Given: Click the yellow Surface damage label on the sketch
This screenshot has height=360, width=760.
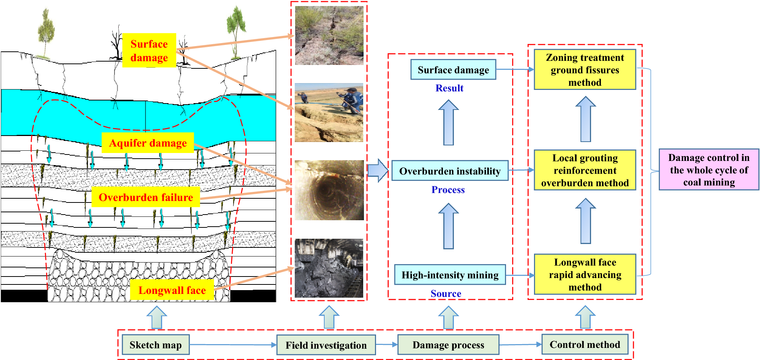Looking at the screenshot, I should pyautogui.click(x=149, y=51).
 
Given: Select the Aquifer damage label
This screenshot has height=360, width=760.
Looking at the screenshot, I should pyautogui.click(x=148, y=143).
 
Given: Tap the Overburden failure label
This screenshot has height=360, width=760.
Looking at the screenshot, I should pyautogui.click(x=145, y=197).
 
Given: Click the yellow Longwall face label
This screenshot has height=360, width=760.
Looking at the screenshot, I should pyautogui.click(x=172, y=290).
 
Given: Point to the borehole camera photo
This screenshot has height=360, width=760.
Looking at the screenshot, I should pyautogui.click(x=329, y=190).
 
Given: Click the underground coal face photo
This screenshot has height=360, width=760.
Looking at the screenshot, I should pyautogui.click(x=329, y=268).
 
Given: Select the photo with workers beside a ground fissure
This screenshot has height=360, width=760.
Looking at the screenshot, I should pyautogui.click(x=329, y=113).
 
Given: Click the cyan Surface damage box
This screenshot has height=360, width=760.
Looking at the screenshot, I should pyautogui.click(x=453, y=70).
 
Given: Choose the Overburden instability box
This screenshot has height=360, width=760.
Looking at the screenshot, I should pyautogui.click(x=450, y=171).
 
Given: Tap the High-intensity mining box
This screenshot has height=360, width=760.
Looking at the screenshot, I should pyautogui.click(x=450, y=275).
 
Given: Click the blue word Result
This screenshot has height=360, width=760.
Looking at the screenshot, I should pyautogui.click(x=449, y=88).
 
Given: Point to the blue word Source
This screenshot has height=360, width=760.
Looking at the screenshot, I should pyautogui.click(x=446, y=294).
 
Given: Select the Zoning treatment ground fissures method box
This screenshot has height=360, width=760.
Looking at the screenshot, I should pyautogui.click(x=585, y=70).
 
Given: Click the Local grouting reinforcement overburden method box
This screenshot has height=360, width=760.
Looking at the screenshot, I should pyautogui.click(x=585, y=170).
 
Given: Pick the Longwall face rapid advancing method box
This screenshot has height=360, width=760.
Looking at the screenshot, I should pyautogui.click(x=585, y=275).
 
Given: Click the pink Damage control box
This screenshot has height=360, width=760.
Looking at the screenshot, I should pyautogui.click(x=709, y=170).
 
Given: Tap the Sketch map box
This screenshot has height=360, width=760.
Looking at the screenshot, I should pyautogui.click(x=155, y=345).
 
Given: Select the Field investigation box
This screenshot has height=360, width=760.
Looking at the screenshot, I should pyautogui.click(x=326, y=345).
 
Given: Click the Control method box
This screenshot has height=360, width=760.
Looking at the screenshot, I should pyautogui.click(x=585, y=345).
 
